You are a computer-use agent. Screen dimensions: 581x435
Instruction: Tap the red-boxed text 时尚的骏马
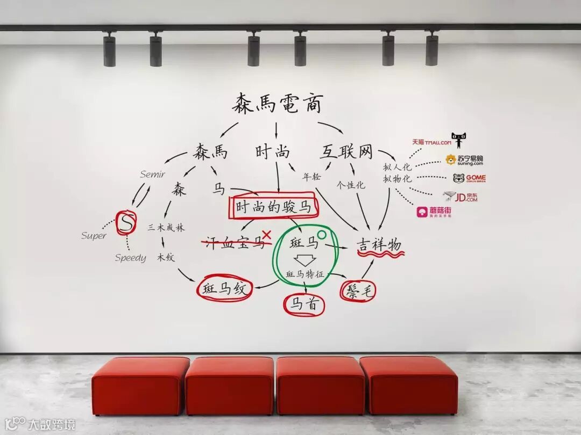coord(273,207)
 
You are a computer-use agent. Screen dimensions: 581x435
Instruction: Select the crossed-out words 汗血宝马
coord(233,242)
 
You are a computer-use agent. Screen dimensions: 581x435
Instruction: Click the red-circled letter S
coord(125,222)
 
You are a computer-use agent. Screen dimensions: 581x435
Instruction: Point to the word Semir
coord(153,174)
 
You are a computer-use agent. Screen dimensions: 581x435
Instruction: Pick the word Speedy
coord(130,258)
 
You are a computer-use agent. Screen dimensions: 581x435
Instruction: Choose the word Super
coord(94,236)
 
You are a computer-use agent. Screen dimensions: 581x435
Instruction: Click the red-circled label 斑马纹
coord(224,289)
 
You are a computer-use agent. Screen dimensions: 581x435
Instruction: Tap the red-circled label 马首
coord(304,305)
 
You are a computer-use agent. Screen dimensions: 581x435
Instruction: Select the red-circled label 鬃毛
coord(358,291)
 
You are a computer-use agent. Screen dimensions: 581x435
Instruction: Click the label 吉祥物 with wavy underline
coord(379,245)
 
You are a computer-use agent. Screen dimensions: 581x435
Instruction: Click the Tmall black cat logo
coord(458,140)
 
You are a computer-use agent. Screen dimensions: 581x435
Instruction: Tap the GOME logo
coord(469,178)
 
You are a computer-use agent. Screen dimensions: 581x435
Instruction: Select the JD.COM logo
coord(460,197)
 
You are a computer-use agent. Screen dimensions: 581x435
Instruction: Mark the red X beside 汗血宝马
coord(266,235)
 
